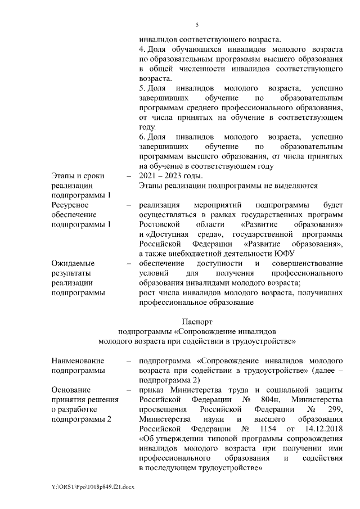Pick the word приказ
[x=152, y=390]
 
